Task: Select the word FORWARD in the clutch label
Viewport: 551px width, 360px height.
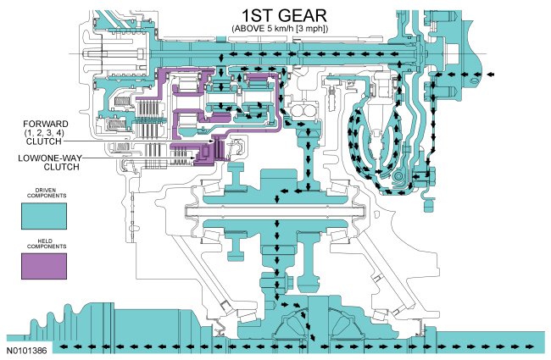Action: point(45,124)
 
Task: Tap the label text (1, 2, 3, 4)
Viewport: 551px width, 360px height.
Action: point(45,132)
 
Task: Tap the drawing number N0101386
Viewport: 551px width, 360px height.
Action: point(27,349)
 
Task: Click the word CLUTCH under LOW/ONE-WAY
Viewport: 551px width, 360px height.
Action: point(49,167)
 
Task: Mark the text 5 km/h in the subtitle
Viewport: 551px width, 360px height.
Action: point(273,30)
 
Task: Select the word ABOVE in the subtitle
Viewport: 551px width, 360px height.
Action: point(244,30)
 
